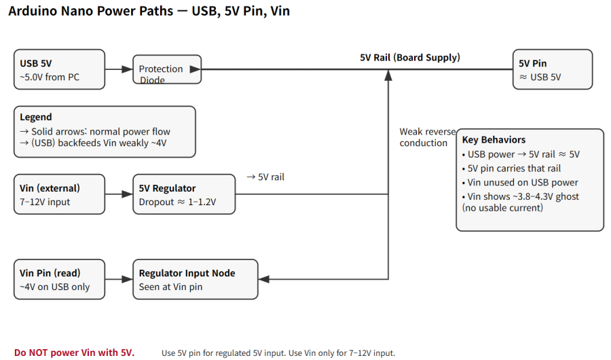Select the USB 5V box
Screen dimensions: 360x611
coord(60,69)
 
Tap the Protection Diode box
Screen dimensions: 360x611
coord(167,69)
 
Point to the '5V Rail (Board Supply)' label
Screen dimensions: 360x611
coord(409,58)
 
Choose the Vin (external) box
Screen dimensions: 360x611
coord(60,194)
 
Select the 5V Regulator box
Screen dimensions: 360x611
coord(183,194)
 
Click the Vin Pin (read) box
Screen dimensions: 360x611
coord(60,279)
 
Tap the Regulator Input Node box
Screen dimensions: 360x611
coord(196,279)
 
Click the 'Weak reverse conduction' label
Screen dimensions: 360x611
coord(427,137)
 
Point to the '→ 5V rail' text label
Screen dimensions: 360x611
coord(265,177)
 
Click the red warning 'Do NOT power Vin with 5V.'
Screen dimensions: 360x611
coord(75,352)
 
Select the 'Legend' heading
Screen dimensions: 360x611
coord(36,118)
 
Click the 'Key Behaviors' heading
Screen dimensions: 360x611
coord(494,139)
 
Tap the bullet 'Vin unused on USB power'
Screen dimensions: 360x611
coord(523,182)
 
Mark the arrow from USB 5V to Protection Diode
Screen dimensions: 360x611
coord(119,69)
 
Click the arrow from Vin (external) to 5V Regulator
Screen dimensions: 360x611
coord(119,194)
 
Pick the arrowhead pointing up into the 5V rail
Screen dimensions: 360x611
coord(388,75)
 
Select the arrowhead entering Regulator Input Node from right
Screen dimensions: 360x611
coord(264,279)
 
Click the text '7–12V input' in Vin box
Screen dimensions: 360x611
coord(45,202)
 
